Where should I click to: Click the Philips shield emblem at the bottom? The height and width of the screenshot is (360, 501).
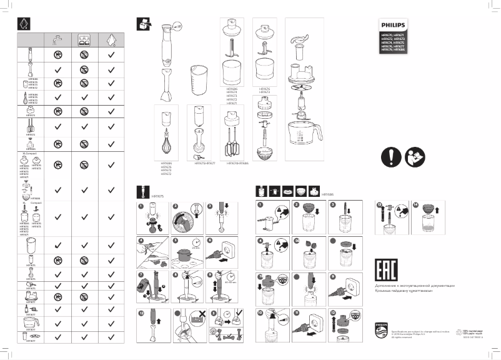pos(380,329)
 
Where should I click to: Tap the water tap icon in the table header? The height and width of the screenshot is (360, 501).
pos(57,39)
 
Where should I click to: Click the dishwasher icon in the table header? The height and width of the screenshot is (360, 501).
pos(84,39)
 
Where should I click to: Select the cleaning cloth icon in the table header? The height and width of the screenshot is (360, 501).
pos(111,39)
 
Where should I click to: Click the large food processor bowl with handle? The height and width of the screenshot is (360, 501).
pos(304,132)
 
